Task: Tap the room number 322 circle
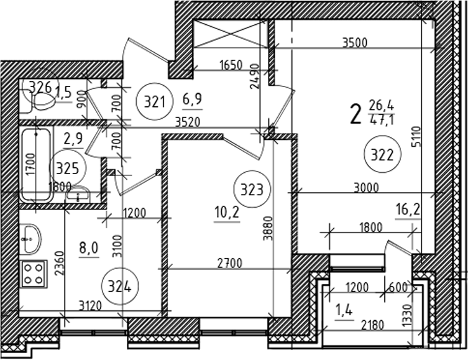tap(383, 155)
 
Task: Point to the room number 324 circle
tap(119, 287)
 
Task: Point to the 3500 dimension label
tap(355, 43)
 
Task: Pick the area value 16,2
tap(408, 210)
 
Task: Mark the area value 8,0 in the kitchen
tap(88, 250)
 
